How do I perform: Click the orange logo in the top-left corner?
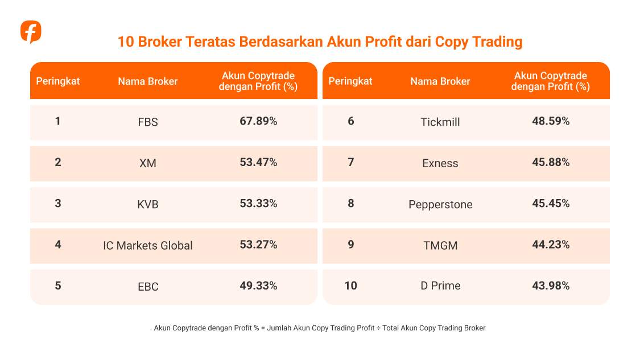click(31, 32)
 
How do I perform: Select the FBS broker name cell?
click(148, 122)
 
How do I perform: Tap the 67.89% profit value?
click(258, 121)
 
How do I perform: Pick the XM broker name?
click(148, 163)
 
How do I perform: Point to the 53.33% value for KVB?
click(258, 204)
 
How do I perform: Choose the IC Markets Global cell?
click(148, 246)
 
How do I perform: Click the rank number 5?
click(58, 285)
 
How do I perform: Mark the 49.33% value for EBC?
click(258, 285)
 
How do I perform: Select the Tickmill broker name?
click(440, 122)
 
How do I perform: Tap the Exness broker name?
click(440, 163)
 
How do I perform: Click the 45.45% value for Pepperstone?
click(551, 204)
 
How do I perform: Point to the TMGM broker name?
click(440, 246)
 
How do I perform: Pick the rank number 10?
click(350, 285)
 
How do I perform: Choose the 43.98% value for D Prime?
click(551, 285)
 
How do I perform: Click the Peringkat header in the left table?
click(58, 81)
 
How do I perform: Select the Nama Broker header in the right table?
click(440, 81)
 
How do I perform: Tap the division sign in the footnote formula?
click(379, 328)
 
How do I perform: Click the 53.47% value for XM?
click(258, 162)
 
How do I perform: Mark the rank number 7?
click(350, 162)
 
